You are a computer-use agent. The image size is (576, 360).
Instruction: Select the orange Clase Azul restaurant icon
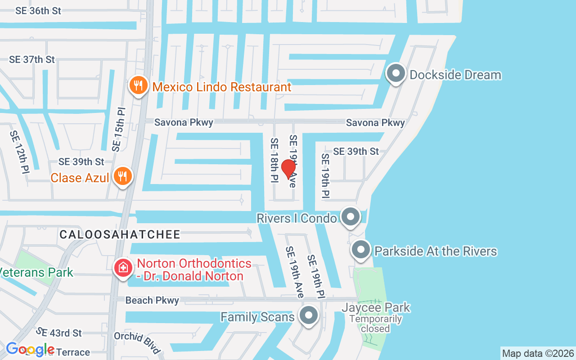click(122, 176)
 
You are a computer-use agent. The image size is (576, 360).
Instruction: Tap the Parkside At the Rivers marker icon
click(360, 250)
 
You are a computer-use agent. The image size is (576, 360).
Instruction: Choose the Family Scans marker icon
click(309, 316)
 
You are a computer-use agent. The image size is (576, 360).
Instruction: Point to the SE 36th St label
click(38, 11)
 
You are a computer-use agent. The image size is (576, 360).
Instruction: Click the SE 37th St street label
click(32, 59)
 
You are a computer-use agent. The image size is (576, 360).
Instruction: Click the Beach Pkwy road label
click(152, 300)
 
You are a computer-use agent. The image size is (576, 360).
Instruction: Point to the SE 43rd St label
click(59, 333)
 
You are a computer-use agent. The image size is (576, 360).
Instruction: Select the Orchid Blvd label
click(137, 343)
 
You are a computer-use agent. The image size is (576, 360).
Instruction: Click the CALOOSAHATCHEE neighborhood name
click(120, 234)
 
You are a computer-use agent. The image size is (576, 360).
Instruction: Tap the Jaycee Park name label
click(376, 308)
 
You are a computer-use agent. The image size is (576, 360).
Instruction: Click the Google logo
click(31, 349)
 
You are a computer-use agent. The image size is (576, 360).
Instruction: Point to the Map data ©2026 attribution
click(538, 353)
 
